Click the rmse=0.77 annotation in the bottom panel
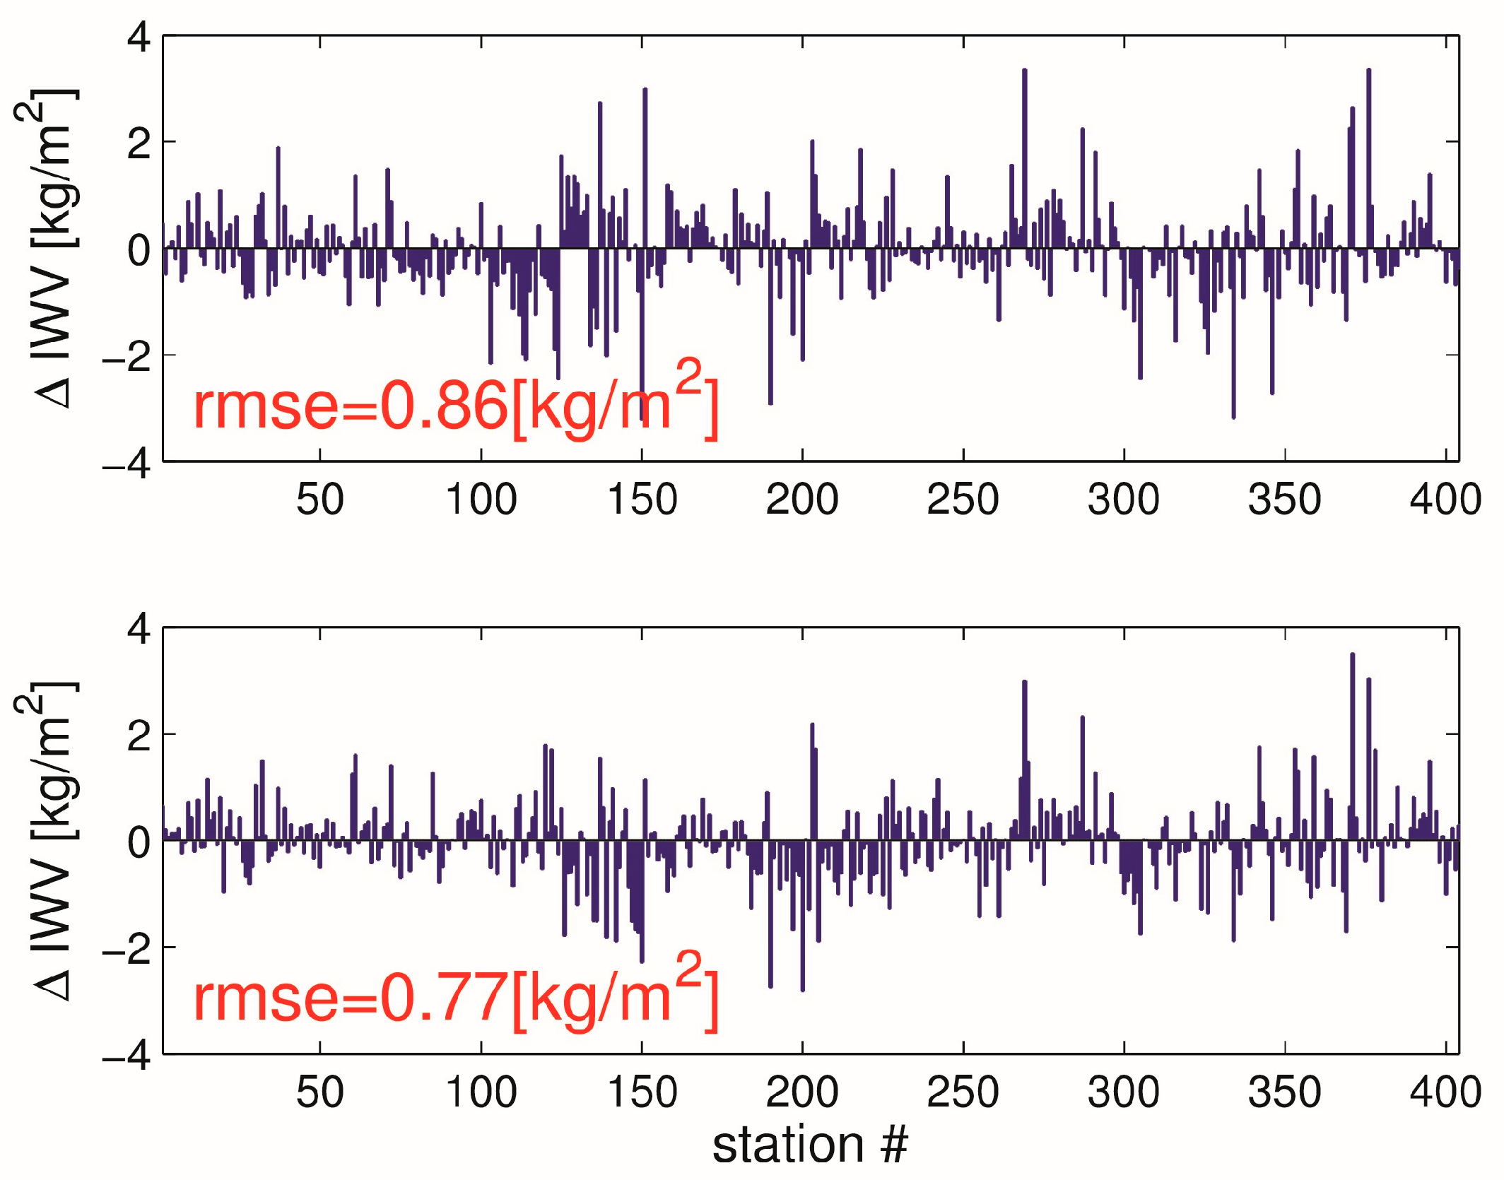(x=455, y=998)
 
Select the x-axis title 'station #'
(x=810, y=1145)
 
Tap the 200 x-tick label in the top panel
(x=802, y=500)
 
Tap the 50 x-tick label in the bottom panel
(x=320, y=1092)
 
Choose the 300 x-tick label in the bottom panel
(x=1124, y=1092)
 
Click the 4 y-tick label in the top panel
(x=139, y=37)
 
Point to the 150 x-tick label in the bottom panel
(x=642, y=1092)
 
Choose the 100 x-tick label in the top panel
(x=481, y=500)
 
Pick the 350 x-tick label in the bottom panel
(x=1284, y=1092)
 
